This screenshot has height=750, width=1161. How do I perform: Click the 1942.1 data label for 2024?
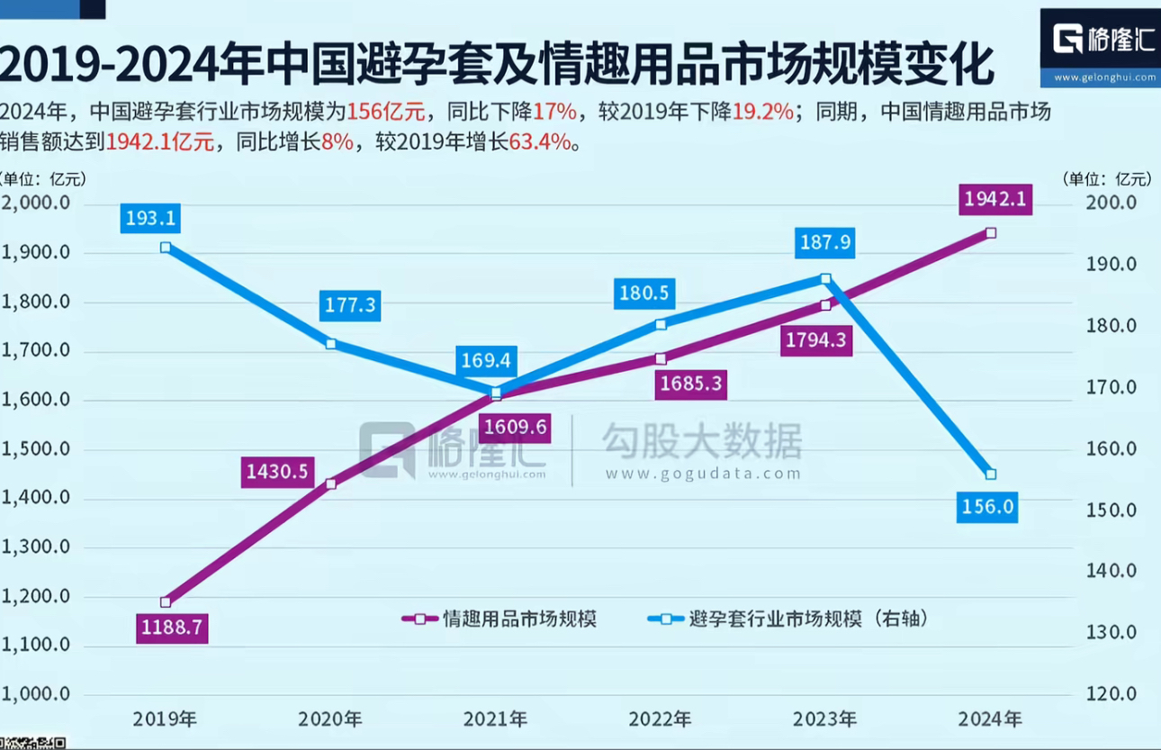tap(995, 199)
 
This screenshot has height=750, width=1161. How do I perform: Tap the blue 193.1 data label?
tap(151, 217)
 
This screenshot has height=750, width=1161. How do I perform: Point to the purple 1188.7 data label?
tap(171, 627)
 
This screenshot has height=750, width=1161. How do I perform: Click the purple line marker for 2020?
tap(330, 483)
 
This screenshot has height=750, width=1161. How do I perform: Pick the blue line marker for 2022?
tap(661, 324)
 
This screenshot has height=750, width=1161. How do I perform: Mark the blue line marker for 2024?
tap(991, 474)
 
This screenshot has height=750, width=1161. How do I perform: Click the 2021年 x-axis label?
tap(496, 718)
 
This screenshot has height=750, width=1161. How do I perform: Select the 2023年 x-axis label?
tap(825, 718)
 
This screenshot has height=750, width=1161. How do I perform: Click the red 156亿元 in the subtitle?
tap(385, 113)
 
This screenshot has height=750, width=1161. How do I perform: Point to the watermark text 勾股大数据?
tap(701, 441)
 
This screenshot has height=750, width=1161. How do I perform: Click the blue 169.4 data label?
tap(486, 361)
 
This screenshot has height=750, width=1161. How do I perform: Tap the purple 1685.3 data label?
tap(690, 384)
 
